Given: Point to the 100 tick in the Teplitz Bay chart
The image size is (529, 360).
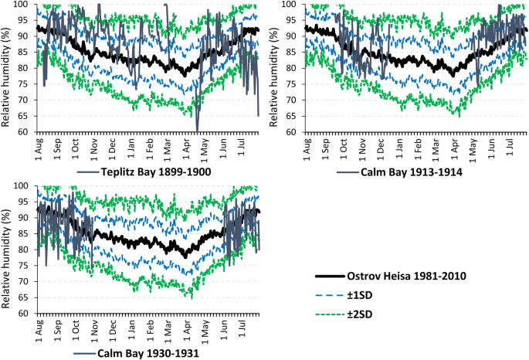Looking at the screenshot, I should pos(21,5).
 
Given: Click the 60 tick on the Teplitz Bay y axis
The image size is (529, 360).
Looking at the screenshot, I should pos(23,131).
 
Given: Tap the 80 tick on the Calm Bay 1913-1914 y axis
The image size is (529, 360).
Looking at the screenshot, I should pos(291,68).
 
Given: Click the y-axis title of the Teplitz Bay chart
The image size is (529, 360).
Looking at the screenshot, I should pos(7,68).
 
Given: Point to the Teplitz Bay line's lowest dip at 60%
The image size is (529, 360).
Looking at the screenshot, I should pos(198,130).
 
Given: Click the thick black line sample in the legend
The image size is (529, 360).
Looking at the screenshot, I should pos(333,276).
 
